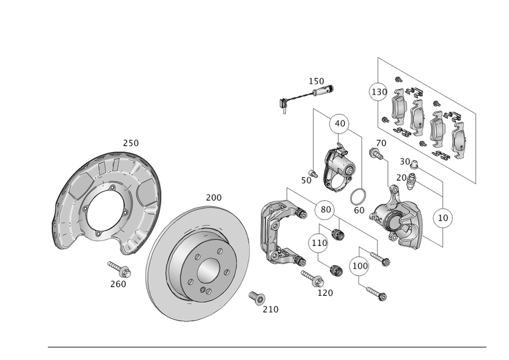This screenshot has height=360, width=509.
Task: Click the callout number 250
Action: click(x=131, y=143)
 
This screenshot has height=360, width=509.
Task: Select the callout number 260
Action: click(x=118, y=284)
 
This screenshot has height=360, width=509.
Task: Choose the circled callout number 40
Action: click(x=340, y=124)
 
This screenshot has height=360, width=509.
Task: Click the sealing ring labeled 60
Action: click(x=358, y=197)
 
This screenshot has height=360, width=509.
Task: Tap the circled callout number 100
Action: click(x=361, y=265)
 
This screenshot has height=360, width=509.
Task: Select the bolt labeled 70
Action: click(x=375, y=154)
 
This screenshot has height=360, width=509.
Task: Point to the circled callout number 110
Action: click(x=319, y=243)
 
